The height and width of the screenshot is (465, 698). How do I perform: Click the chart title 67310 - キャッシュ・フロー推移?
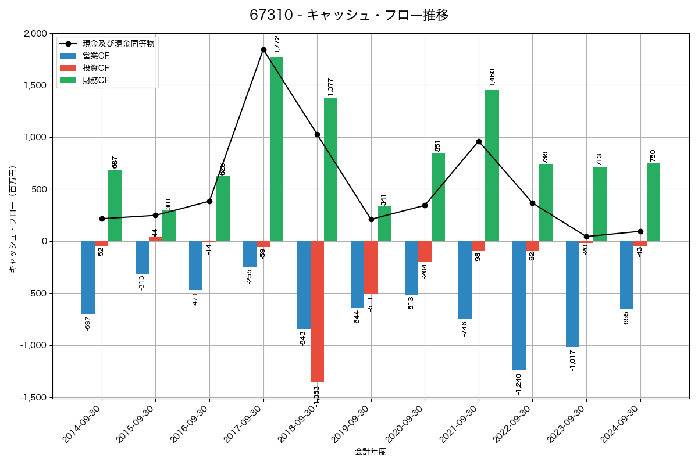pyautogui.click(x=349, y=15)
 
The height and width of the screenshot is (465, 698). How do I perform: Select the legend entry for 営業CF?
pyautogui.click(x=95, y=56)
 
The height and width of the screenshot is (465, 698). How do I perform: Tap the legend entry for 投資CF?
pyautogui.click(x=95, y=68)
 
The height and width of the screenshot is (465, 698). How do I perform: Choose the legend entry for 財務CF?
pyautogui.click(x=95, y=80)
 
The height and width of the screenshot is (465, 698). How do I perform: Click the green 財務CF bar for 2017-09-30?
pyautogui.click(x=276, y=149)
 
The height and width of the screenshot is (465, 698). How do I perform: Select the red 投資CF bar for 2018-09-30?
pyautogui.click(x=317, y=311)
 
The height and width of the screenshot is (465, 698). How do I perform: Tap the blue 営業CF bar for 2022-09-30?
pyautogui.click(x=519, y=305)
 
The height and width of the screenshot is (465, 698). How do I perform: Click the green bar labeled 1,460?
pyautogui.click(x=492, y=165)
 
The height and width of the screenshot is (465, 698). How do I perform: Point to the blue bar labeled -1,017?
pyautogui.click(x=572, y=294)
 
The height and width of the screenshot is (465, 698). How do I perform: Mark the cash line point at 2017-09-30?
pyautogui.click(x=263, y=49)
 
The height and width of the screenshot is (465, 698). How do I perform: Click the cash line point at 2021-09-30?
pyautogui.click(x=479, y=141)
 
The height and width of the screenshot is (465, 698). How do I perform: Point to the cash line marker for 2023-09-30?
pyautogui.click(x=586, y=237)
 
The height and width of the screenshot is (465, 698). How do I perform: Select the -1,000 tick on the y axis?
pyautogui.click(x=33, y=345)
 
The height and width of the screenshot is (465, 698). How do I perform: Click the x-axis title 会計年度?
pyautogui.click(x=371, y=452)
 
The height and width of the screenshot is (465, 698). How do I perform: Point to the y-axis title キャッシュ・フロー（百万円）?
pyautogui.click(x=13, y=219)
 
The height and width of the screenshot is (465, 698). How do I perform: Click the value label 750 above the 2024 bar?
pyautogui.click(x=653, y=155)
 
